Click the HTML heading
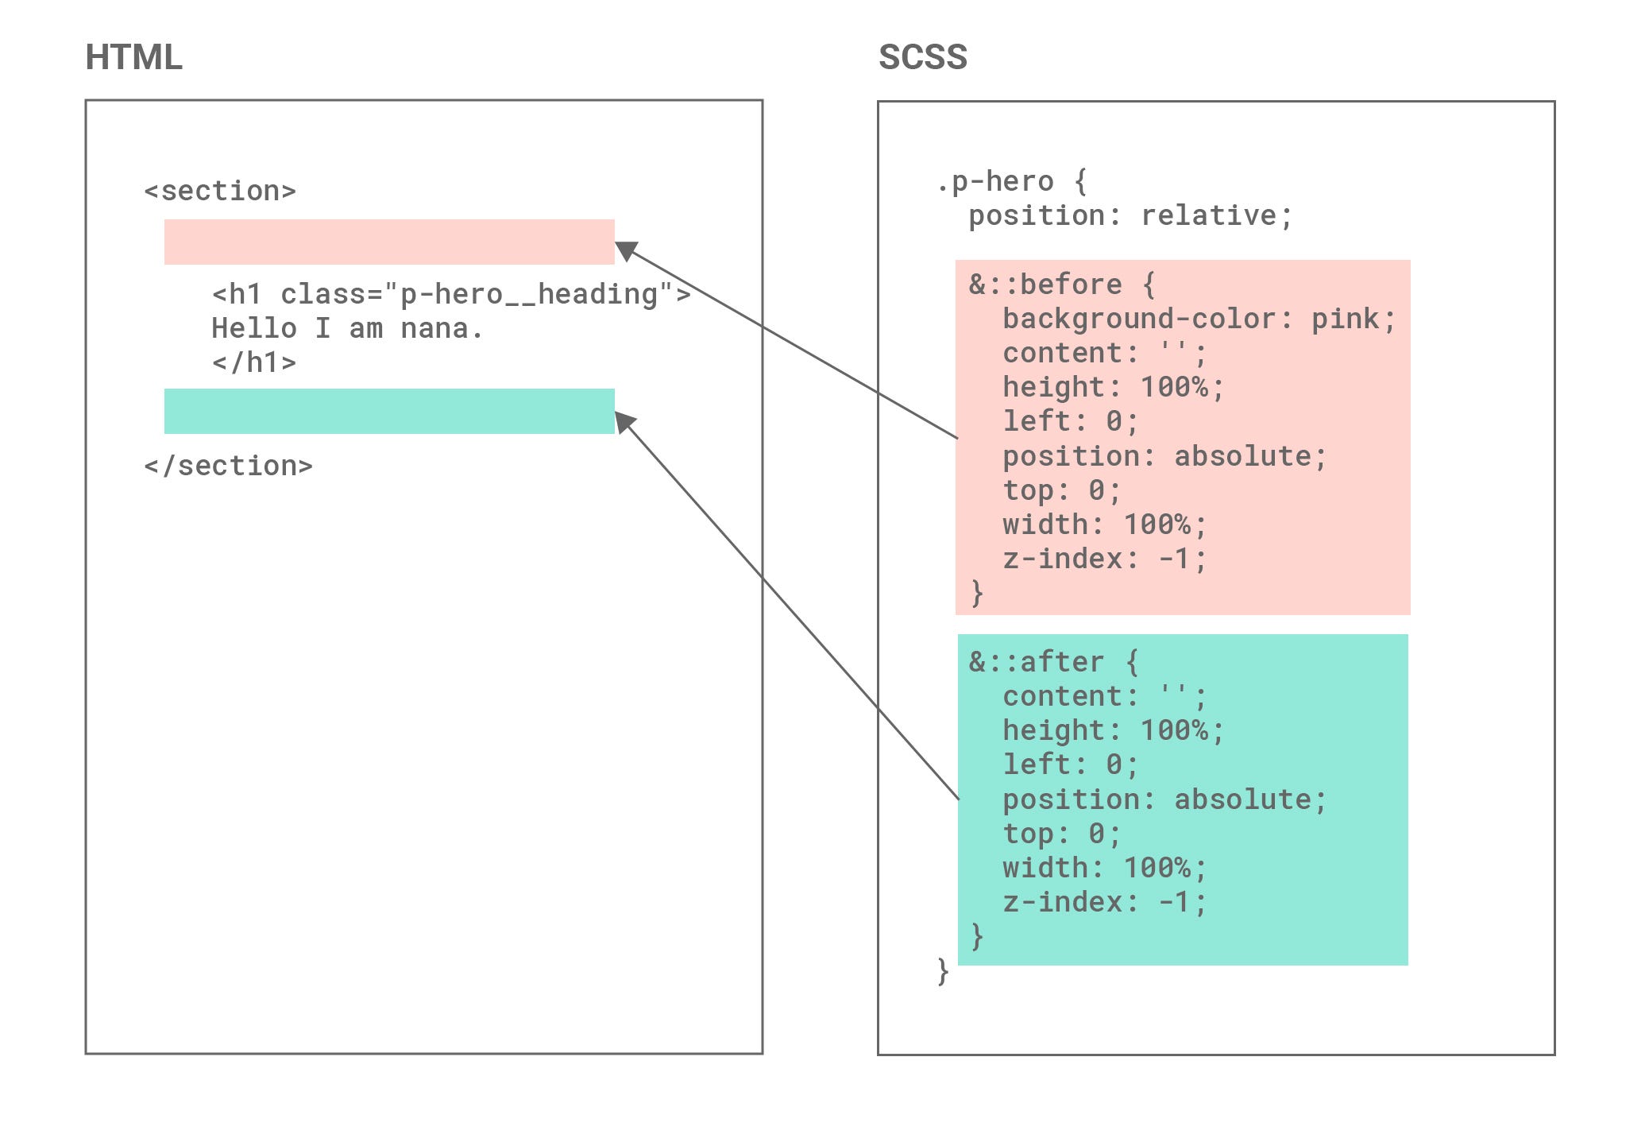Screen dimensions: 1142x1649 click(x=133, y=57)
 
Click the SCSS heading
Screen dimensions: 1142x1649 click(x=922, y=57)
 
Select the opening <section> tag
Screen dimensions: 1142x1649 click(x=220, y=191)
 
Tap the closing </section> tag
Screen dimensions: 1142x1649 click(x=228, y=466)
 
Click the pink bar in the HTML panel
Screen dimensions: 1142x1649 click(x=389, y=242)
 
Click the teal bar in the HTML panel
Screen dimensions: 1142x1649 click(x=389, y=411)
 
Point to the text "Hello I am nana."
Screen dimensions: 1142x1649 click(x=347, y=328)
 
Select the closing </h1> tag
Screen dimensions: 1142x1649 click(x=253, y=362)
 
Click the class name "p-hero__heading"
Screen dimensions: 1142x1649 click(x=528, y=294)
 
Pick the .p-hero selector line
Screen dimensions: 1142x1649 click(x=1011, y=182)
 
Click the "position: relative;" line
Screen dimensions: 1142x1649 click(x=1130, y=215)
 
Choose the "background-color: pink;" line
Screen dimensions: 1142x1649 click(x=1199, y=319)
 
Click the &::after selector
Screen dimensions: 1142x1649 click(x=1053, y=662)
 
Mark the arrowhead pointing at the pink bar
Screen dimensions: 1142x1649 click(x=627, y=250)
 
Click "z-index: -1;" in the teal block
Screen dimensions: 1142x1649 click(x=1104, y=902)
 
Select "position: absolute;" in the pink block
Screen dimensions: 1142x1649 click(x=1164, y=456)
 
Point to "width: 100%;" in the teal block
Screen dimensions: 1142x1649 click(x=1104, y=868)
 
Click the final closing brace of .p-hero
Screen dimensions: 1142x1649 click(x=943, y=970)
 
